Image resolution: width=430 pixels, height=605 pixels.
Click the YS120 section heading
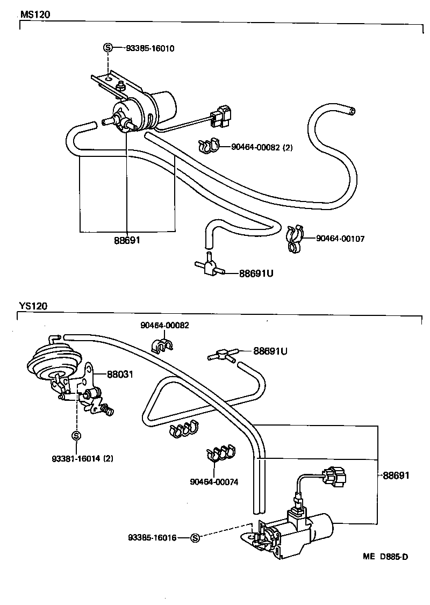coord(33,306)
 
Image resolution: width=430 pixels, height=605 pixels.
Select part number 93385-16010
coord(150,48)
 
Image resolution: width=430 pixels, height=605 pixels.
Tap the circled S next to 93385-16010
coord(107,48)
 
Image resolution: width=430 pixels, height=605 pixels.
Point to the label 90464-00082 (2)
coord(262,147)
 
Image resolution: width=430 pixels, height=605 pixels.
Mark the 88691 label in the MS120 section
coord(127,240)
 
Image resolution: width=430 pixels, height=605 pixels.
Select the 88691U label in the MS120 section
coord(256,273)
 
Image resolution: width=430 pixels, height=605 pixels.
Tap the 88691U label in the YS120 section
coord(270,351)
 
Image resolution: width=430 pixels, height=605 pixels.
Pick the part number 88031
coord(120,374)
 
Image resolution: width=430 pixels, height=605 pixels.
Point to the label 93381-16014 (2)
coord(83,458)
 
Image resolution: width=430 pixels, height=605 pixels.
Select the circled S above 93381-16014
coord(76,435)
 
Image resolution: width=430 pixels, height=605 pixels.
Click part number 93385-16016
coord(152,537)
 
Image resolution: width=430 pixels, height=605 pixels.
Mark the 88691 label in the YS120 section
coord(396,476)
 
